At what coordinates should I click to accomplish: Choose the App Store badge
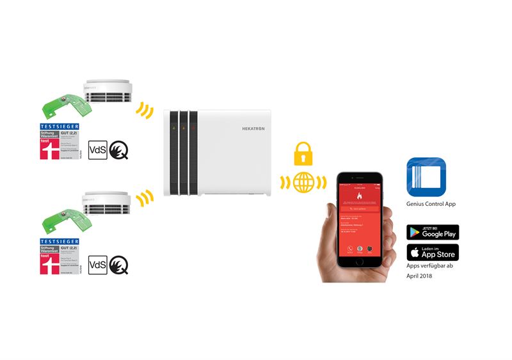433,252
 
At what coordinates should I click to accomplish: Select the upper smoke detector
108,93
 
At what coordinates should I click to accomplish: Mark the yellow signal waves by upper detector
145,109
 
